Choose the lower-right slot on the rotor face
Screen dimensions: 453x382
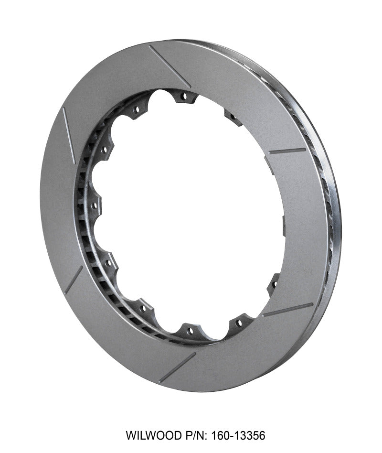288,310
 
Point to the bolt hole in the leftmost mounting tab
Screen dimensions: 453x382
94,206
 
